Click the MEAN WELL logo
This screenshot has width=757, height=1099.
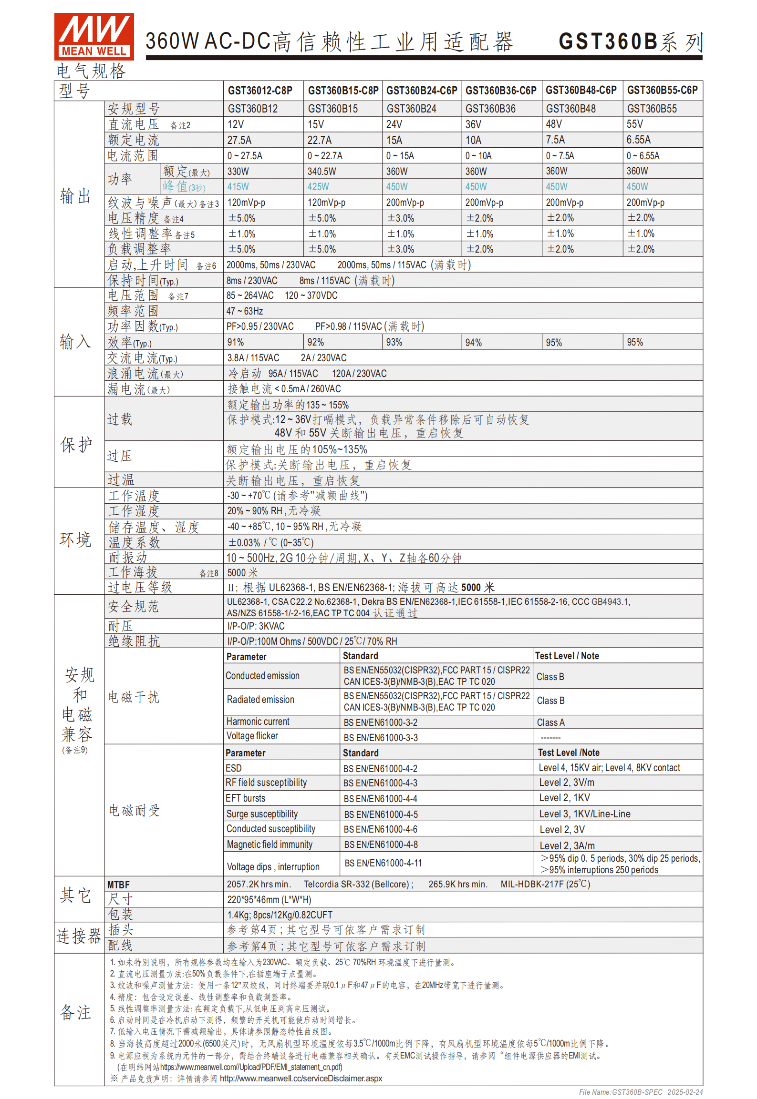[x=94, y=36]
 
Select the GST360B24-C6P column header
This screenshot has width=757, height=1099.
[x=421, y=90]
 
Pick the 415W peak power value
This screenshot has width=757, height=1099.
[x=238, y=187]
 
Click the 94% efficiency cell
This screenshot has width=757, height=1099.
[x=474, y=342]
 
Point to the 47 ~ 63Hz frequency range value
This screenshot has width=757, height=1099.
[x=245, y=311]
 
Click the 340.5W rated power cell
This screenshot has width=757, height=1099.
[x=321, y=171]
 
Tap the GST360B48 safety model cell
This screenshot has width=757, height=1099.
[x=570, y=109]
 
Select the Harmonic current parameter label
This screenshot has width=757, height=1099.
[x=258, y=722]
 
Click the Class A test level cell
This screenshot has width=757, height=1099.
[x=550, y=722]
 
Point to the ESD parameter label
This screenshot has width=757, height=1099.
[x=234, y=768]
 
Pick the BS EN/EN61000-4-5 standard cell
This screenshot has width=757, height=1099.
[x=381, y=814]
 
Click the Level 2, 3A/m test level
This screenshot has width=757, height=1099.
[x=567, y=845]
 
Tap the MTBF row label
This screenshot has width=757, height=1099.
[x=118, y=885]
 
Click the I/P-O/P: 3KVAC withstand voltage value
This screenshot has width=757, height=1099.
[x=256, y=626]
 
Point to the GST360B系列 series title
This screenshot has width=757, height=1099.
[x=631, y=42]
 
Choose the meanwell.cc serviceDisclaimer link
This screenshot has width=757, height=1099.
[x=301, y=1079]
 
